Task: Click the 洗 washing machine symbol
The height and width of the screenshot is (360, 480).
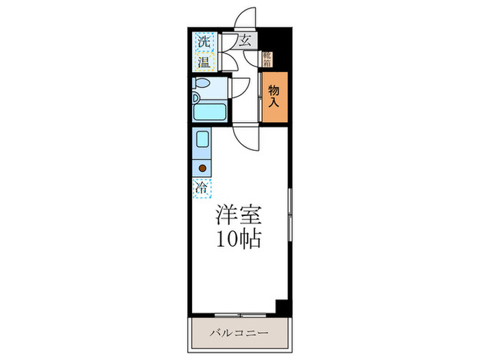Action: (204, 42)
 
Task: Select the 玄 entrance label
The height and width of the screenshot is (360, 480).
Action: (245, 40)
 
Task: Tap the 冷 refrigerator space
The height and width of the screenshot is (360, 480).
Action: (203, 187)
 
